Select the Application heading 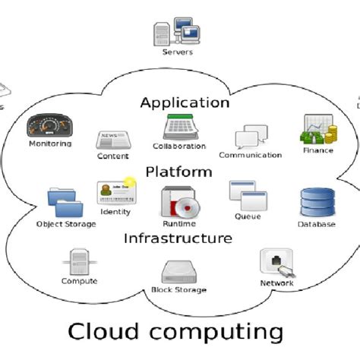(185, 102)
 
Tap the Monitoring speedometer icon (49, 125)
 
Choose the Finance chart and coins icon (318, 130)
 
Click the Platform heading (178, 172)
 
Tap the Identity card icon (115, 193)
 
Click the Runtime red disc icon (179, 202)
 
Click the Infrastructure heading (178, 238)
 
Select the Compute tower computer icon (80, 261)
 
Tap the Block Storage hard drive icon (178, 271)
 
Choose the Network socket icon (276, 262)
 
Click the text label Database (316, 225)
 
